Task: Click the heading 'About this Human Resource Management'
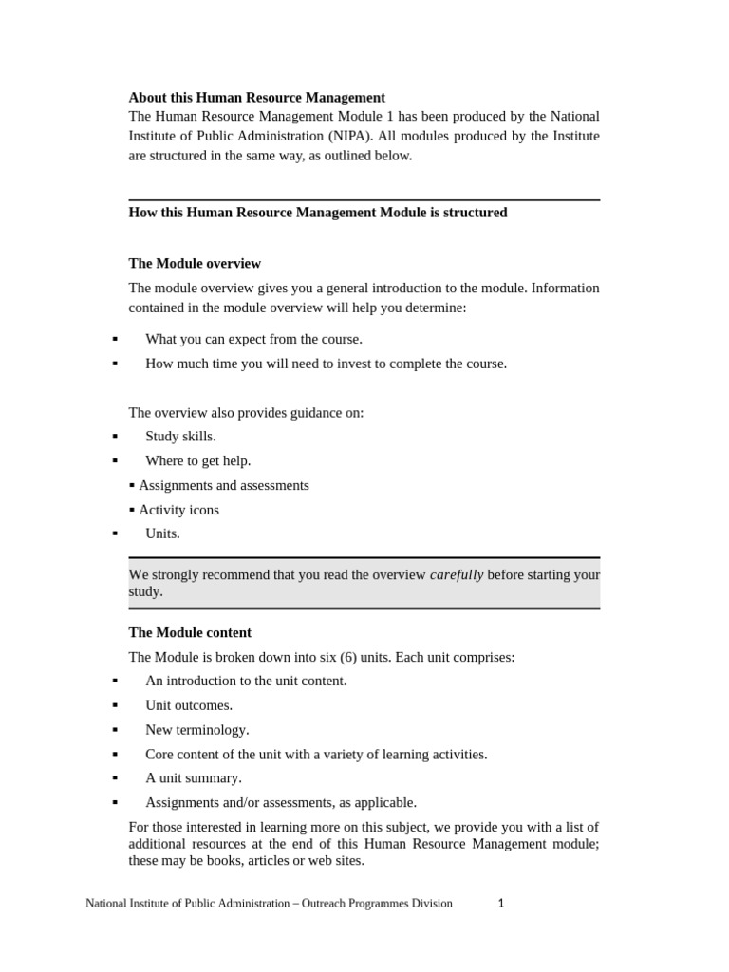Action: (x=256, y=97)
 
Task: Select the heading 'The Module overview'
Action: (x=195, y=263)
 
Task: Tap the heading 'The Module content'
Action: (x=190, y=632)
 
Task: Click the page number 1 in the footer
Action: (x=501, y=904)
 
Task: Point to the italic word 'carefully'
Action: (x=457, y=574)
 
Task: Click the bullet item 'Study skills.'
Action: (x=180, y=437)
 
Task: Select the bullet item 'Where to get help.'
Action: (x=197, y=461)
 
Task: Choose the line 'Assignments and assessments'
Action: (x=223, y=485)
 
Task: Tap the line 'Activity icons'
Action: (x=178, y=510)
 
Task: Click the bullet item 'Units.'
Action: (x=162, y=533)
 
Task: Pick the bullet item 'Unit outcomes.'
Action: (x=188, y=705)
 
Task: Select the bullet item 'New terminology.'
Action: (x=196, y=730)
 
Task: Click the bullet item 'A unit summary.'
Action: (x=193, y=778)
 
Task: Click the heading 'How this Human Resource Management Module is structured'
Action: (x=317, y=213)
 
